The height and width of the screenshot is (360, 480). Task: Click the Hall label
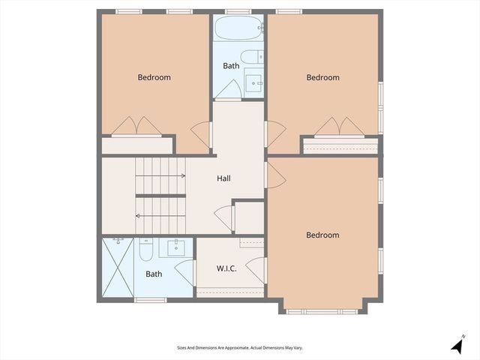[223, 178]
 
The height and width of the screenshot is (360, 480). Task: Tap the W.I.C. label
[226, 268]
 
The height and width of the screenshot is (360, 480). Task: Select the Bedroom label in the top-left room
[154, 77]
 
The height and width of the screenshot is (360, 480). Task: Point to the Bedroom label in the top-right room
[322, 77]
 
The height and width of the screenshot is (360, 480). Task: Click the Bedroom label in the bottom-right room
[322, 235]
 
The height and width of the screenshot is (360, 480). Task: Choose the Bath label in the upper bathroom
[231, 66]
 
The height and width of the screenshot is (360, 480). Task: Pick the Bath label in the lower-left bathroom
[154, 274]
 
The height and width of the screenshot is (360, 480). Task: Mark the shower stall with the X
[118, 268]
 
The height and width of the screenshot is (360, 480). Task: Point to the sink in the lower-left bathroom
[178, 247]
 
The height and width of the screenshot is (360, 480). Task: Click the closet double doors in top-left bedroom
[136, 126]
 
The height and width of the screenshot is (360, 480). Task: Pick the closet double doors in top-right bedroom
[339, 126]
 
